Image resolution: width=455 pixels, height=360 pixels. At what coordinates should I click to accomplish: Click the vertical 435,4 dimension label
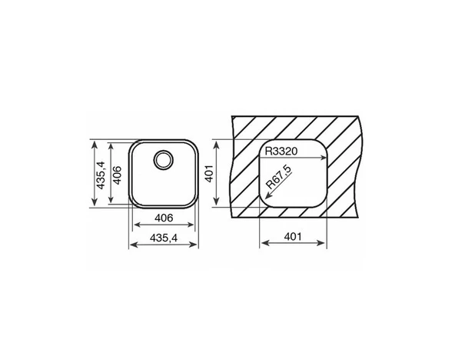click(101, 175)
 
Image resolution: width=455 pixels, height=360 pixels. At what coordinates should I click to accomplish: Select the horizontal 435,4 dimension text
click(164, 238)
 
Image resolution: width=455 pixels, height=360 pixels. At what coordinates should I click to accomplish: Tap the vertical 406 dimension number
click(117, 175)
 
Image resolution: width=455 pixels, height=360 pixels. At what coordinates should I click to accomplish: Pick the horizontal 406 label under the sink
click(164, 218)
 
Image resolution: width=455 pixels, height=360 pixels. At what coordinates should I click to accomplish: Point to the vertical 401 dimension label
click(209, 174)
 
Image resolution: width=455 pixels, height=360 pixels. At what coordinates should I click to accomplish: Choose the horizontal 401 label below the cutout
click(293, 237)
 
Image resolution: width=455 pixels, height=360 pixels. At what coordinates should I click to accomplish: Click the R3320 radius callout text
click(281, 152)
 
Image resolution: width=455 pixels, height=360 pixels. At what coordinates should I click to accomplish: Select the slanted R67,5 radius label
click(279, 177)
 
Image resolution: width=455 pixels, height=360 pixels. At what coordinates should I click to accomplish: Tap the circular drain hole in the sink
click(164, 160)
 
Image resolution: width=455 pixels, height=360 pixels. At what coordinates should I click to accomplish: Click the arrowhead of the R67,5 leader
click(267, 197)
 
